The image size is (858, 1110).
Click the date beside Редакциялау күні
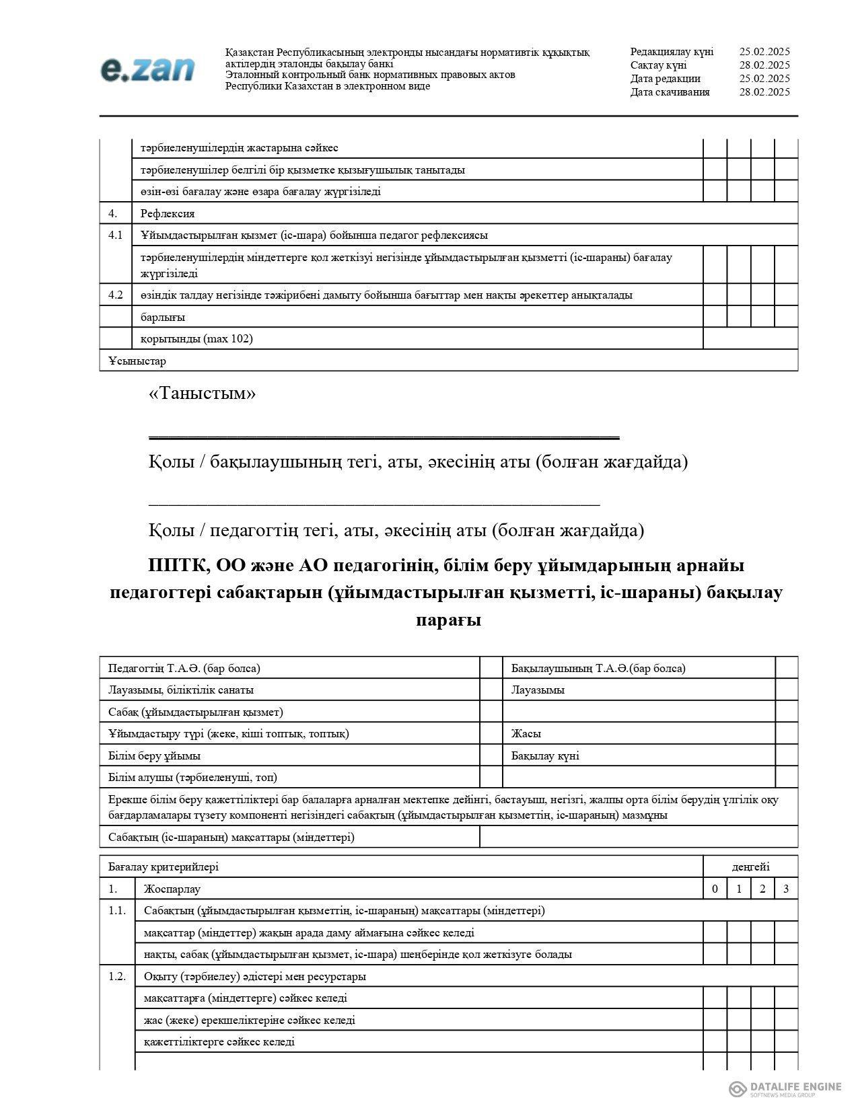click(764, 52)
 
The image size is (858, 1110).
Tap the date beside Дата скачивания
click(764, 92)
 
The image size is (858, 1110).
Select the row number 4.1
click(115, 235)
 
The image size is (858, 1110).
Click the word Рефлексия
click(168, 214)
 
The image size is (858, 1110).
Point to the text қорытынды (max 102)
click(196, 339)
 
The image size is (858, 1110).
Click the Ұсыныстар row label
click(137, 361)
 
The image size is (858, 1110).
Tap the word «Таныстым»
click(202, 394)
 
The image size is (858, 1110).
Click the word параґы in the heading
click(448, 620)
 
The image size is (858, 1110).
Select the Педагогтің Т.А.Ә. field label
click(184, 669)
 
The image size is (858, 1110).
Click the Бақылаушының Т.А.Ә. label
click(598, 669)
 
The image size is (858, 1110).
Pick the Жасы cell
click(526, 734)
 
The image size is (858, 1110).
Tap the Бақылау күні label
click(545, 756)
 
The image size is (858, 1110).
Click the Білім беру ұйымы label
click(154, 756)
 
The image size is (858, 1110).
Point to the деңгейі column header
click(750, 867)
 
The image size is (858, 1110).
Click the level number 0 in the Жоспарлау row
click(715, 889)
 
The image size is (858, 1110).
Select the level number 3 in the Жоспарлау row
click(786, 889)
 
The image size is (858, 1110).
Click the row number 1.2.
click(117, 977)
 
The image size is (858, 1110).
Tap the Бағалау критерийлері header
click(164, 867)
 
